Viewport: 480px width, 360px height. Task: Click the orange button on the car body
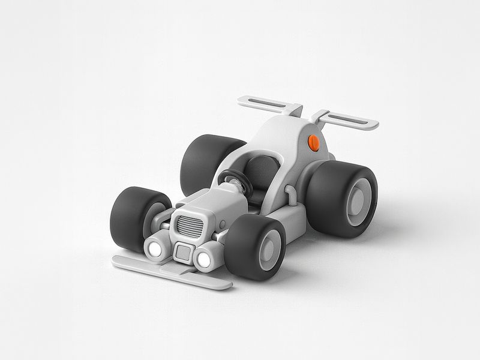[x=312, y=143]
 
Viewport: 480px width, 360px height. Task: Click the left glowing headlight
[x=156, y=248]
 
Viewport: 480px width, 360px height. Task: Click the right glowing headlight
[x=203, y=259]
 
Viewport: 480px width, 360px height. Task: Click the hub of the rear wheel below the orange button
[x=358, y=200]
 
